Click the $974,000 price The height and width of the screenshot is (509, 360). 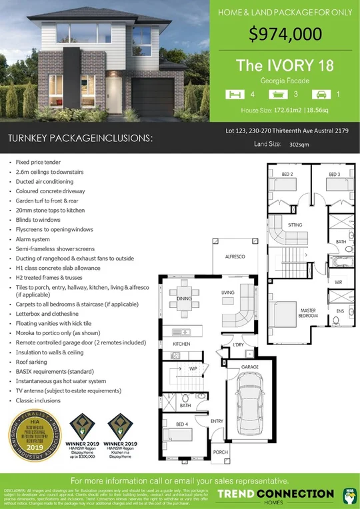(x=285, y=35)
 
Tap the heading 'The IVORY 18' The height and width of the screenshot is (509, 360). (x=285, y=65)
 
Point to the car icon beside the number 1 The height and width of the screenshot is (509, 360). (x=321, y=94)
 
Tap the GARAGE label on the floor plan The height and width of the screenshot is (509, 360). (x=249, y=367)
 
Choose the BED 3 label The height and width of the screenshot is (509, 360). (x=335, y=175)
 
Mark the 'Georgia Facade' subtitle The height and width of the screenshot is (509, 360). (x=285, y=80)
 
